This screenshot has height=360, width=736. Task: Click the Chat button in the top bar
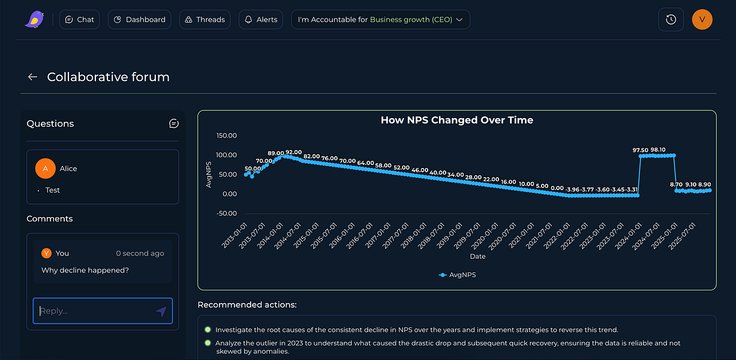coord(80,20)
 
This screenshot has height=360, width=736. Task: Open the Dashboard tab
coord(139,20)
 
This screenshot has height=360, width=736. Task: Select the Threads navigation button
coord(205,20)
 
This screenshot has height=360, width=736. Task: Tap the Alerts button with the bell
coord(261,20)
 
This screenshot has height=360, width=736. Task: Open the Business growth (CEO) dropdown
coord(380,20)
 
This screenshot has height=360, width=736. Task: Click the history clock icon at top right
coord(671,20)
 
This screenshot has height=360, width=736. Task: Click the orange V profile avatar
coord(702,20)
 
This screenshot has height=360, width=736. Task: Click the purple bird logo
coord(34,20)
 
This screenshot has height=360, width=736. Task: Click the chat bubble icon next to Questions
coord(174,124)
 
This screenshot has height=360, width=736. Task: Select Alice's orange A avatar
coord(46,169)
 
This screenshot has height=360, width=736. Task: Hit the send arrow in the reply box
coord(161,311)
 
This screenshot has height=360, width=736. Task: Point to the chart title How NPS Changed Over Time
coord(456,120)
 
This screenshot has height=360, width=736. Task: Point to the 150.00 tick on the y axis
coord(226,136)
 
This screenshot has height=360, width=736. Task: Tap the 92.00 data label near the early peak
coord(293,152)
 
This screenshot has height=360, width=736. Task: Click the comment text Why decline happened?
coord(85,270)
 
